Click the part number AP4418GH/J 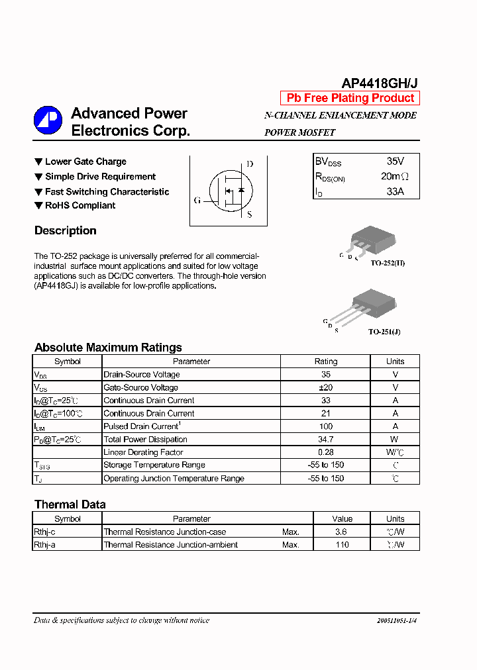(x=379, y=83)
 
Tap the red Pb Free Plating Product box (x=350, y=98)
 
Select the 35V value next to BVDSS (x=396, y=162)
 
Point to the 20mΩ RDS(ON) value (x=395, y=177)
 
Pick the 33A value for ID (x=395, y=192)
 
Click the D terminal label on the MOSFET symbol (x=249, y=164)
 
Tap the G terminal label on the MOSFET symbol (x=197, y=201)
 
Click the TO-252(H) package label (x=388, y=263)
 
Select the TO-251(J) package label (x=385, y=332)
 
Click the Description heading (x=66, y=231)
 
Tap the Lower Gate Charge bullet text (x=85, y=162)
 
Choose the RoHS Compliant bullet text (x=80, y=206)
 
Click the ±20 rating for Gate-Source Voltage (x=325, y=387)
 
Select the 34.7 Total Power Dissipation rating (x=325, y=439)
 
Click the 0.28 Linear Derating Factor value (x=325, y=452)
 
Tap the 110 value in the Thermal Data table (x=342, y=545)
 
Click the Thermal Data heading (x=70, y=504)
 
